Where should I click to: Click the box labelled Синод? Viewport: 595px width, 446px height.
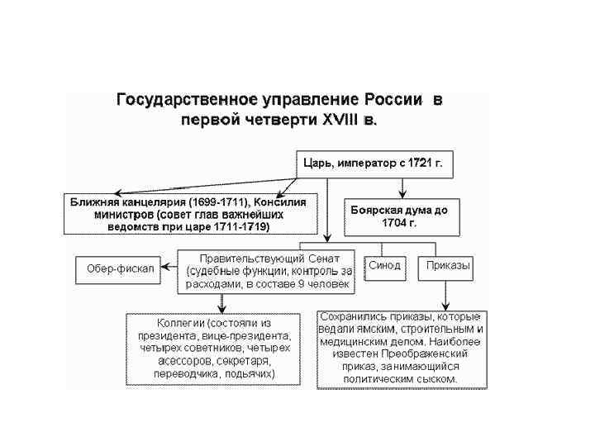coord(385,265)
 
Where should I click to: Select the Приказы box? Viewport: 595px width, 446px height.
coord(449,265)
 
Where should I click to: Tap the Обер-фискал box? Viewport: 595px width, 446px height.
coord(120,268)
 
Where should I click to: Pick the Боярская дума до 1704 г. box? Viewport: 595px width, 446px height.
coord(399,216)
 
